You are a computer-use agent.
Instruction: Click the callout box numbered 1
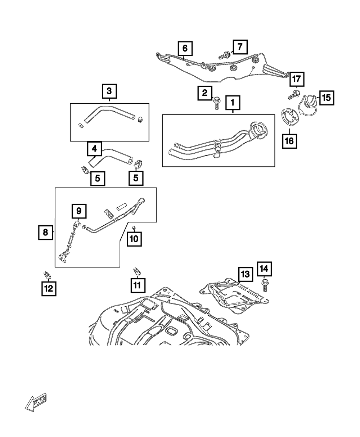[233, 103]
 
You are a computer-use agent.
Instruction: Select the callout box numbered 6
[185, 48]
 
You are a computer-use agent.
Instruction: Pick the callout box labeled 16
[289, 141]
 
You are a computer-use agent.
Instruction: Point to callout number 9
[79, 211]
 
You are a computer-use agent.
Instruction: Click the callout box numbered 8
[45, 233]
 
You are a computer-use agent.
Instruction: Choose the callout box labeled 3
[109, 91]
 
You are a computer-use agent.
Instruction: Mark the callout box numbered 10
[134, 239]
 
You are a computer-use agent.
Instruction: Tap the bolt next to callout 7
[225, 55]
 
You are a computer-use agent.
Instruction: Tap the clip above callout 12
[47, 275]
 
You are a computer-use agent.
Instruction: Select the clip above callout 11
[136, 270]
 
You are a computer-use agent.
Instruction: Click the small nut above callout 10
[133, 227]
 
